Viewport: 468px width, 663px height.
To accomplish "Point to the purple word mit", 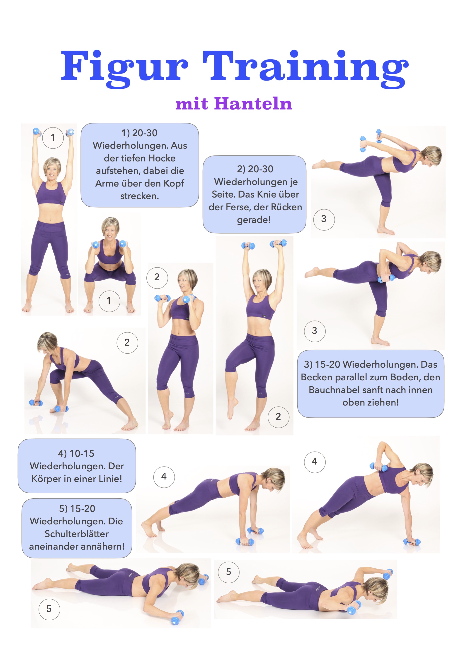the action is [x=192, y=104].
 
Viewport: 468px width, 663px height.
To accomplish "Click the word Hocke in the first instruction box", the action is [x=161, y=158].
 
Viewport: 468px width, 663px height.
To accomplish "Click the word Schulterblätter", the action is [x=76, y=534].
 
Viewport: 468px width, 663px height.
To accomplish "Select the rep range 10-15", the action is [x=82, y=454].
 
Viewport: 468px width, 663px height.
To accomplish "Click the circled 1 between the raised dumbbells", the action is [x=53, y=138].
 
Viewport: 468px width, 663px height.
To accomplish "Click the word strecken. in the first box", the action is [x=140, y=196].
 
